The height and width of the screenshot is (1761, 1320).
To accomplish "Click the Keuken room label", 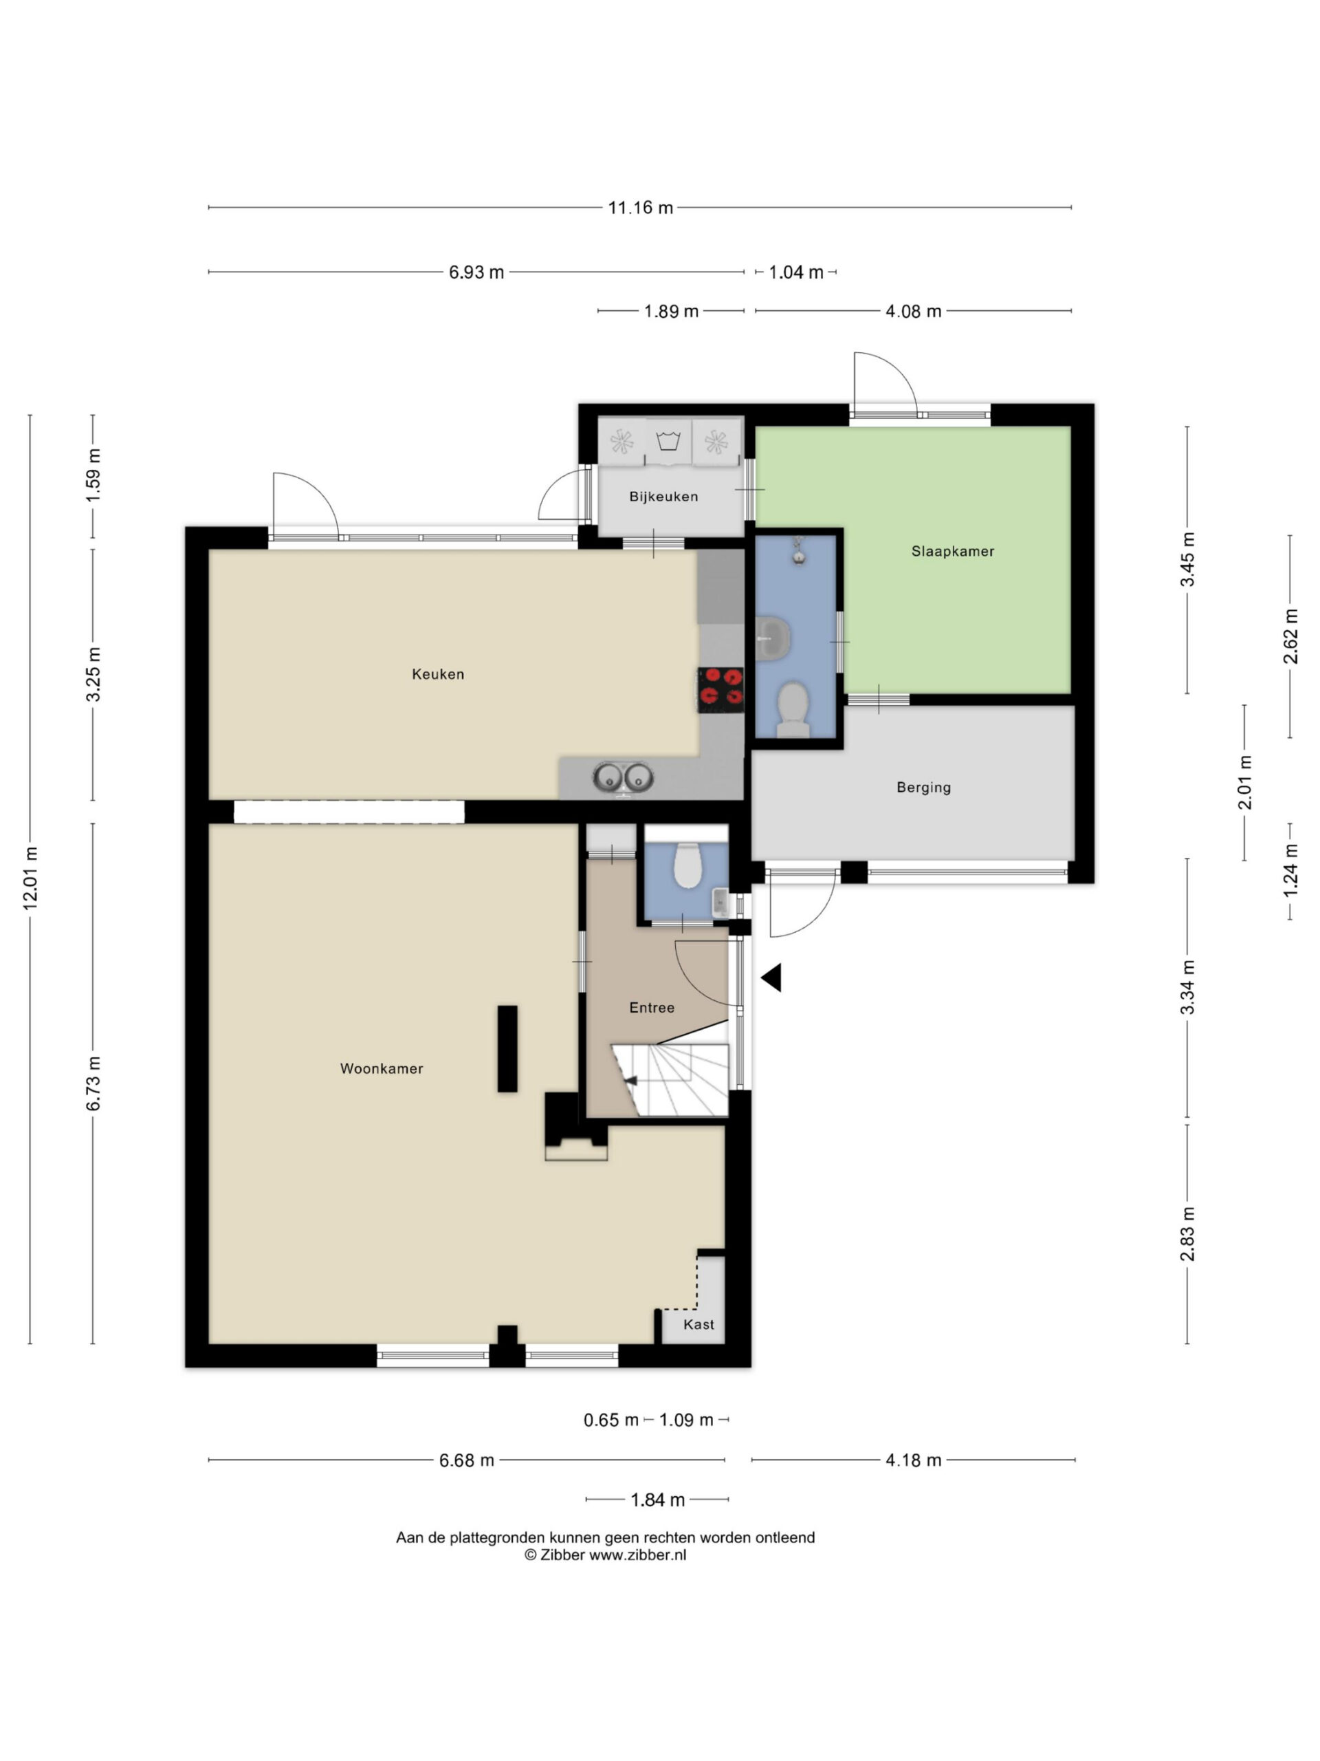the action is coord(438,674).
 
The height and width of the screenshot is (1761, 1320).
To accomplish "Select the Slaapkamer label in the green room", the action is coord(952,551).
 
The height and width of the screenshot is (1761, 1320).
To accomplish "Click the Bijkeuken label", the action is coord(663,497).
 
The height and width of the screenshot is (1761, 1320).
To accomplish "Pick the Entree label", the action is coord(652,1008).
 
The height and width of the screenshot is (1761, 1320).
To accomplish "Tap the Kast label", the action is coord(698,1325).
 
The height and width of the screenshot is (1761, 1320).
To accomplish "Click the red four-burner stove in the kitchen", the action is coord(721,689).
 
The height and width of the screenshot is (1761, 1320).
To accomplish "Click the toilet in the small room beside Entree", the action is coord(687,865).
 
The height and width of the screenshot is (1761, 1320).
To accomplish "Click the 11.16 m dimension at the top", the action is coord(641,208).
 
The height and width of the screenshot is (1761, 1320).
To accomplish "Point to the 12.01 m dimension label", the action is coord(30,878).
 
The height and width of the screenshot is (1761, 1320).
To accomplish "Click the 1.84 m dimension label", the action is coord(658,1500).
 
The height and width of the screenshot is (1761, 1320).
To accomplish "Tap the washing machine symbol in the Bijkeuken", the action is coord(668,440).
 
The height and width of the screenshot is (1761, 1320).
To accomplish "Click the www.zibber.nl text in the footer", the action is coord(637,1555).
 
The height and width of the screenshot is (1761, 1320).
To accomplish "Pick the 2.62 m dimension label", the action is coord(1290,636).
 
